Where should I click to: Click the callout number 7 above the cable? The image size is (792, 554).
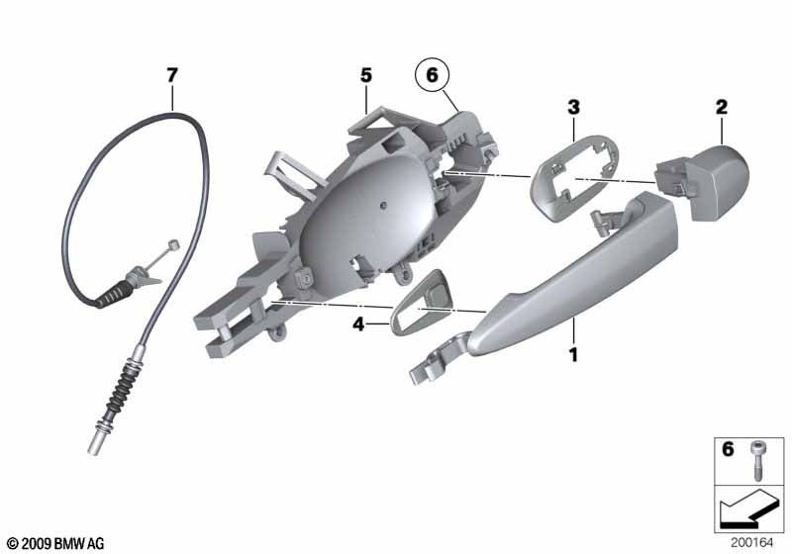(x=172, y=76)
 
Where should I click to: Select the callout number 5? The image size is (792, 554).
(x=366, y=76)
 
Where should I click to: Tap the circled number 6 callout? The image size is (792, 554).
(x=433, y=75)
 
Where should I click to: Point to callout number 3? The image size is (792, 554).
(x=573, y=107)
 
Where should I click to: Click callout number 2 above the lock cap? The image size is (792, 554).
(x=722, y=107)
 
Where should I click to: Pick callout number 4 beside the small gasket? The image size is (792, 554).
(x=358, y=323)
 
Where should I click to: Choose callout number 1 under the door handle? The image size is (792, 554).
(x=573, y=355)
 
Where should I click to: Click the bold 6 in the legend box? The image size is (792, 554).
(x=728, y=448)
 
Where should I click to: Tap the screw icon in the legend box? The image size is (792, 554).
(x=756, y=460)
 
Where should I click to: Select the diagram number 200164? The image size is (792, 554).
(x=751, y=543)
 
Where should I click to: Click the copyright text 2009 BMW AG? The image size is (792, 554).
(x=55, y=544)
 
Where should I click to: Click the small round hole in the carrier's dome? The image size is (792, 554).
(x=384, y=205)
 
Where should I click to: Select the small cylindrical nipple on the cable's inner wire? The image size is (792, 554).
(x=174, y=244)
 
